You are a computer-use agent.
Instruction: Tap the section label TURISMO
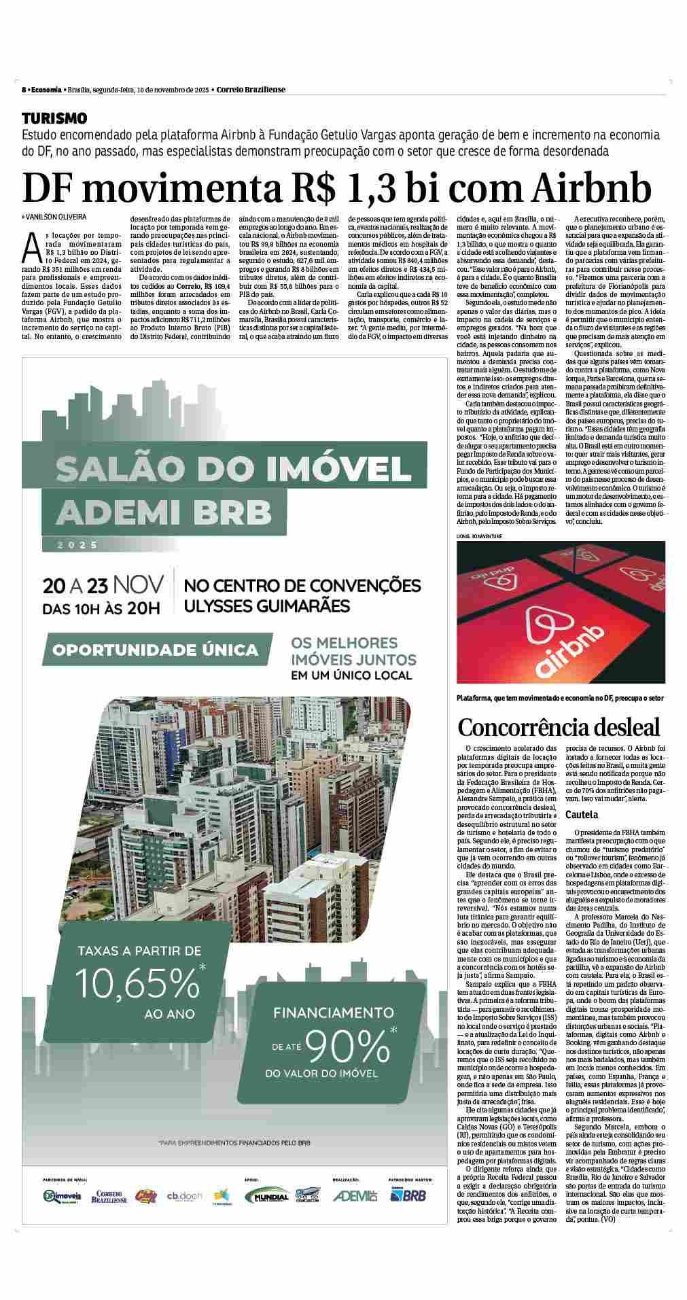[54, 118]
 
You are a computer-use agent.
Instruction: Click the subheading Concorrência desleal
[559, 727]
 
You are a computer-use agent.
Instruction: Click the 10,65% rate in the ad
[137, 982]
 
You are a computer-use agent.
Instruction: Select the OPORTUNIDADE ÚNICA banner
[156, 650]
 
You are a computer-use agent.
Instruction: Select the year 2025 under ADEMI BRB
[78, 544]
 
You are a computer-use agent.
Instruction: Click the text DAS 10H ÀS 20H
[101, 608]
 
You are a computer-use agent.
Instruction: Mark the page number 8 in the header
[24, 90]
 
